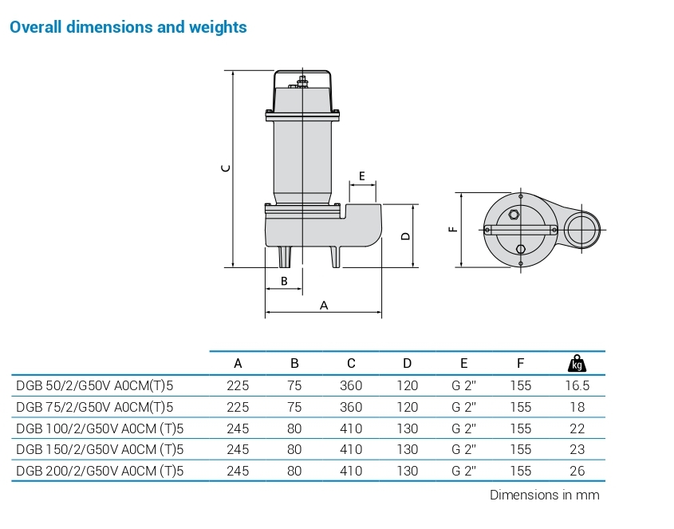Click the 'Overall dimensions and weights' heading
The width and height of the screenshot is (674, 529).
pos(128,27)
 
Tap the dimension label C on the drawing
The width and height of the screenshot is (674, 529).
pos(226,168)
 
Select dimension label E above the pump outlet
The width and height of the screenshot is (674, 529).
pos(362,176)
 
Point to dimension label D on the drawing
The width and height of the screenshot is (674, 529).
pos(405,236)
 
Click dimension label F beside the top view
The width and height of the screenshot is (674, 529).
pos(453,230)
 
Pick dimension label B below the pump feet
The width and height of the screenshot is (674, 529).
pos(284,281)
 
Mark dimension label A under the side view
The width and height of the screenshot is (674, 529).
pos(324,305)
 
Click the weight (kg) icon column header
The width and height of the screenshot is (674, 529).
pos(577,364)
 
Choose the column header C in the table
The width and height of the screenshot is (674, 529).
pos(351,364)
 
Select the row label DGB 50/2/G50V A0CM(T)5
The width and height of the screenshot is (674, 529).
pos(95,385)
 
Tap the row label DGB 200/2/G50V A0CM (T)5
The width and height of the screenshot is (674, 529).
pos(100,471)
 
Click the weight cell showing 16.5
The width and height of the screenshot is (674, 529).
pos(577,385)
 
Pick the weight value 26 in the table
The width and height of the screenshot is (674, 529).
pos(577,471)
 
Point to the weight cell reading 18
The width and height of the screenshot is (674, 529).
pos(577,407)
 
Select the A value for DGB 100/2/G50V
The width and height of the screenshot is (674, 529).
pos(238,428)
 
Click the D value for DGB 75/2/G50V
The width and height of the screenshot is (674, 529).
pos(407,407)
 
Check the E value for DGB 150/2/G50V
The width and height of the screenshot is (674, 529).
pos(463,450)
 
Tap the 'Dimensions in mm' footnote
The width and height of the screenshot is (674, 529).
pos(544,495)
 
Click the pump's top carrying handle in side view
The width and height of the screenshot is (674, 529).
pos(304,77)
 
